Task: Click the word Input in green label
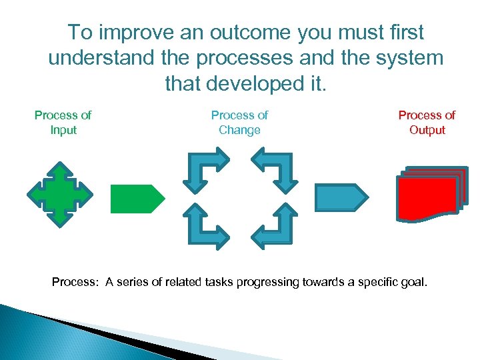63,130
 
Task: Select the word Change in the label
239,130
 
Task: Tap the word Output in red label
427,130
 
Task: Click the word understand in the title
102,58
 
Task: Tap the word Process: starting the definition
75,282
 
